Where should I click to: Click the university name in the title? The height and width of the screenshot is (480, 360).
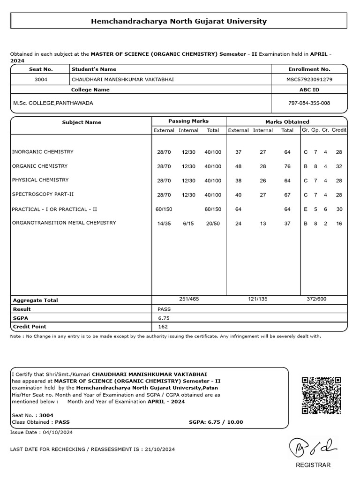coord(179,21)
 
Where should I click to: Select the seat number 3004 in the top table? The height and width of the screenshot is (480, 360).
coord(41,79)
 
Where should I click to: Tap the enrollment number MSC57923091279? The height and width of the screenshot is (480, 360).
coord(309,79)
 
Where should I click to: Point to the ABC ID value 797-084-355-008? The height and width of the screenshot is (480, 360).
coord(309,103)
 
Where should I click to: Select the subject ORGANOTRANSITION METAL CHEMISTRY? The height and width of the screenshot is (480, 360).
coord(64,223)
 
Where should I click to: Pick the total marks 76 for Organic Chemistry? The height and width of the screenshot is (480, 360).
coord(287,166)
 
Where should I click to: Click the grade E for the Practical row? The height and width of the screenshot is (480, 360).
coord(306,210)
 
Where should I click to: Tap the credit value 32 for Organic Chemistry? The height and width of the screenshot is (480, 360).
coord(339,166)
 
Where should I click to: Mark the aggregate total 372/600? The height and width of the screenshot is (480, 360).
coord(316,299)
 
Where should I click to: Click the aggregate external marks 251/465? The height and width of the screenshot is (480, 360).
coord(189,299)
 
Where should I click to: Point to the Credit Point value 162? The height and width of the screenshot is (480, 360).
coord(163,327)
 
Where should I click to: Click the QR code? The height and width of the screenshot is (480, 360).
coord(321,395)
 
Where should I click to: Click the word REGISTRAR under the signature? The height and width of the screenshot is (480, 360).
coord(313,465)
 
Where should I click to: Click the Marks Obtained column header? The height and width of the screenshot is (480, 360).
coord(287,121)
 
